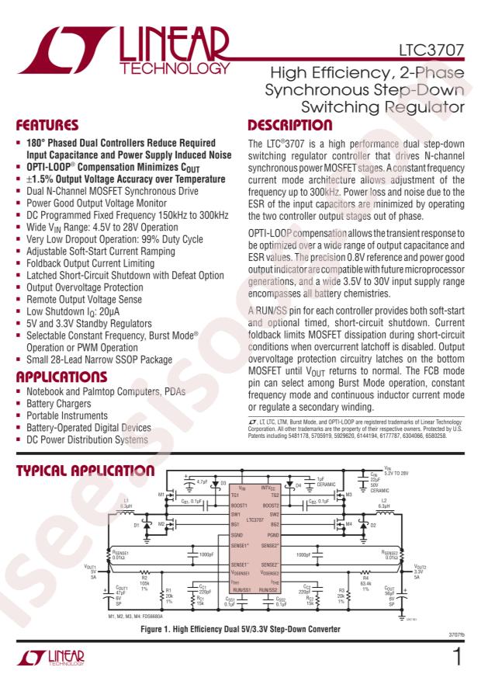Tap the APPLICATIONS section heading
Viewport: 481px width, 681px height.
61,378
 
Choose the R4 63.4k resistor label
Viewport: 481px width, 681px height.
365,581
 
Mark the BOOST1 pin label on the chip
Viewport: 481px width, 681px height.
240,506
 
